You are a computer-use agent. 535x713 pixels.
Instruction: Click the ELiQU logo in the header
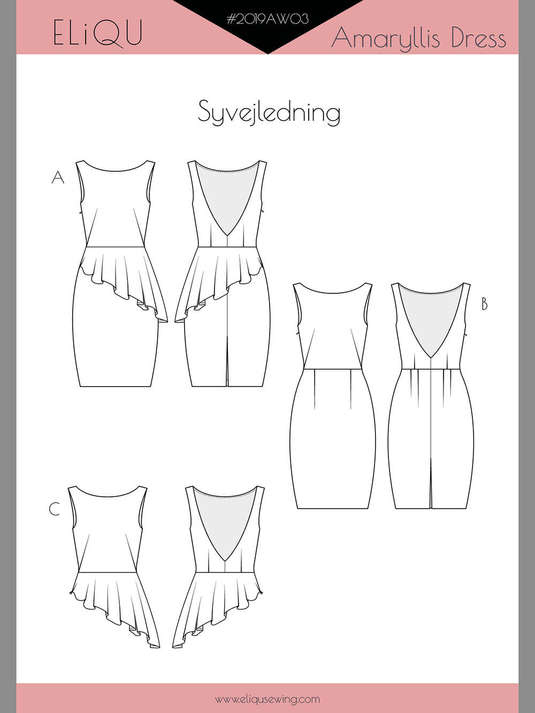(98, 33)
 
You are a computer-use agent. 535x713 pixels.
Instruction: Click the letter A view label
(58, 177)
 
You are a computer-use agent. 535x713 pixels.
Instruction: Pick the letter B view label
(484, 304)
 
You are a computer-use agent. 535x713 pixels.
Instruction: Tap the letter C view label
(55, 509)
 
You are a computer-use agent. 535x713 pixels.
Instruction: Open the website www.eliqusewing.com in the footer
(267, 699)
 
